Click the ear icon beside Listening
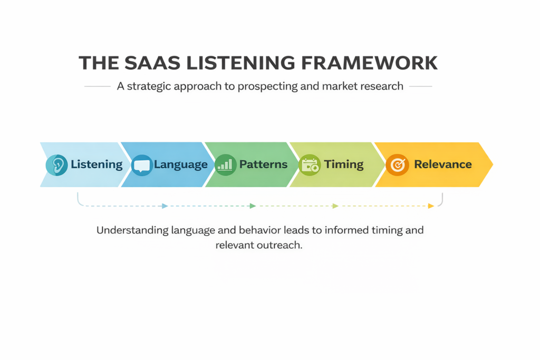pos(56,165)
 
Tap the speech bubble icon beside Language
pos(141,165)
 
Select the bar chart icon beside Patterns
pos(226,165)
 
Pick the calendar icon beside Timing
pos(309,165)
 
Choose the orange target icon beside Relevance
pos(397,165)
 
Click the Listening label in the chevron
pos(97,164)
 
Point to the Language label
pos(181,164)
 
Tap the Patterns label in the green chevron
pos(264,164)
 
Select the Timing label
pos(344,164)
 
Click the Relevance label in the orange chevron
pos(443,164)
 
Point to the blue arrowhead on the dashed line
pos(165,206)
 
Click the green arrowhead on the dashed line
pos(253,206)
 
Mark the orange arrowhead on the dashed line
pos(431,206)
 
